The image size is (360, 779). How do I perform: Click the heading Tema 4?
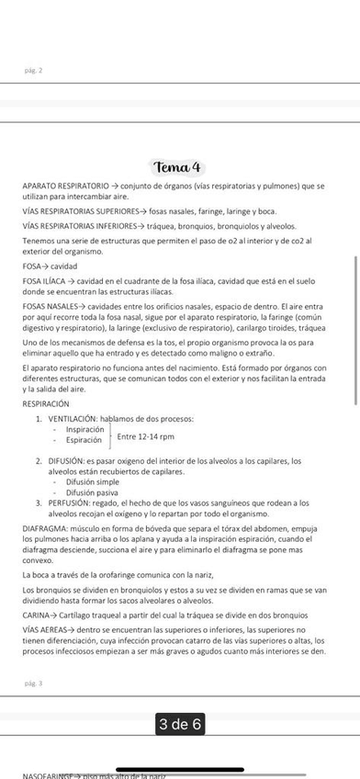click(x=179, y=167)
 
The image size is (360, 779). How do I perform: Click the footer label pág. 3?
click(x=33, y=683)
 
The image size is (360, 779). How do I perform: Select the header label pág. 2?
click(x=33, y=70)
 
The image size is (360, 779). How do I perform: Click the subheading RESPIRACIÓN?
click(x=45, y=403)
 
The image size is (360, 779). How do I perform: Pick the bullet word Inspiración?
click(x=84, y=429)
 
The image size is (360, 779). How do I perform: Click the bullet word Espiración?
click(x=83, y=440)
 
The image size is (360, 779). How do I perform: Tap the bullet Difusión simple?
click(x=92, y=481)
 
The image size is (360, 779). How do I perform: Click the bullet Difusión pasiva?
click(x=92, y=492)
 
